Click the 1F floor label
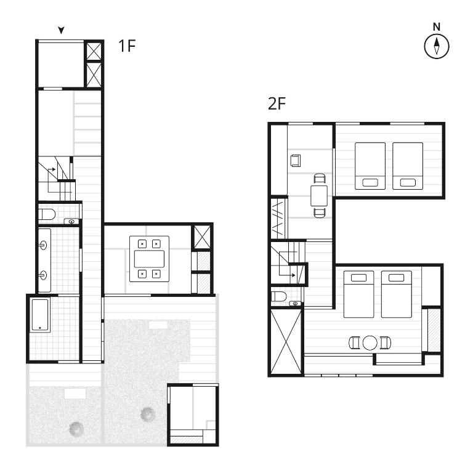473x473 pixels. (127, 46)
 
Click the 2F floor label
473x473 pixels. (277, 103)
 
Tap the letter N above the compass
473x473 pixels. (437, 27)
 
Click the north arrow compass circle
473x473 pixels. (437, 46)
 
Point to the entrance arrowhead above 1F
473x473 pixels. (61, 30)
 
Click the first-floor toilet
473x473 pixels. (46, 214)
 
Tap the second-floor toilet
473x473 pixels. (278, 296)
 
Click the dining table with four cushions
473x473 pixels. (149, 259)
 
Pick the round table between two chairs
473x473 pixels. (370, 342)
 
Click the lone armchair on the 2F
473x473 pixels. (296, 161)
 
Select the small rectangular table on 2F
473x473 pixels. (319, 196)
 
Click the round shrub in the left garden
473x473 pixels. (76, 429)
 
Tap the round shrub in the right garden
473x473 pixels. (148, 414)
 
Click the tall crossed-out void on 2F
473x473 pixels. (286, 342)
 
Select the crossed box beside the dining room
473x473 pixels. (202, 237)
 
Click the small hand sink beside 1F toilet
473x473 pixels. (71, 222)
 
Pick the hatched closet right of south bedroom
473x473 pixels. (434, 330)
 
